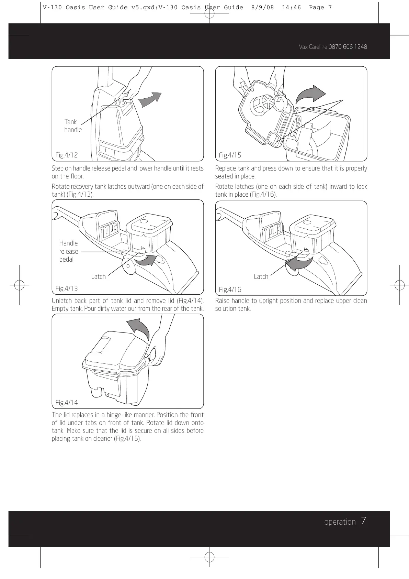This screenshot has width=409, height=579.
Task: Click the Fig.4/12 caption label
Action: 66,155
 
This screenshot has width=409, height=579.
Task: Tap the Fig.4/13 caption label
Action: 66,288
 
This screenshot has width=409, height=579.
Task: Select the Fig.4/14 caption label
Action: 66,403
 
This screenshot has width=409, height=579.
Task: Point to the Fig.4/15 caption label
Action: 230,155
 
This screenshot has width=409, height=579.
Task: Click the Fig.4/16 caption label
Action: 230,289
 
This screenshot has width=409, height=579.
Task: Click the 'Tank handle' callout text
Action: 73,125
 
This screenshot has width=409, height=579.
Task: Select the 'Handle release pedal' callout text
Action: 68,251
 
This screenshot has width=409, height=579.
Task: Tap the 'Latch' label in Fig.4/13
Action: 98,276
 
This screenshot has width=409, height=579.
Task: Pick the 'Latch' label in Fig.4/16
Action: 261,276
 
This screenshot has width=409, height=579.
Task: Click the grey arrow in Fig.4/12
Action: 150,99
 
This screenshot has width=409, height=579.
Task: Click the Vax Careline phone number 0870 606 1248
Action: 348,47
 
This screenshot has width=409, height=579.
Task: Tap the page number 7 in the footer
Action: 363,521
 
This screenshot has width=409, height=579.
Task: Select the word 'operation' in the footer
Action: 340,522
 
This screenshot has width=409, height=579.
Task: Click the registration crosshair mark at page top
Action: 209,13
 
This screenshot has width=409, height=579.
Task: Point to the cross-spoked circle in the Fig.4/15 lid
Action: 268,101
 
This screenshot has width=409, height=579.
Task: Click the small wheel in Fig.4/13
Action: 128,266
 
